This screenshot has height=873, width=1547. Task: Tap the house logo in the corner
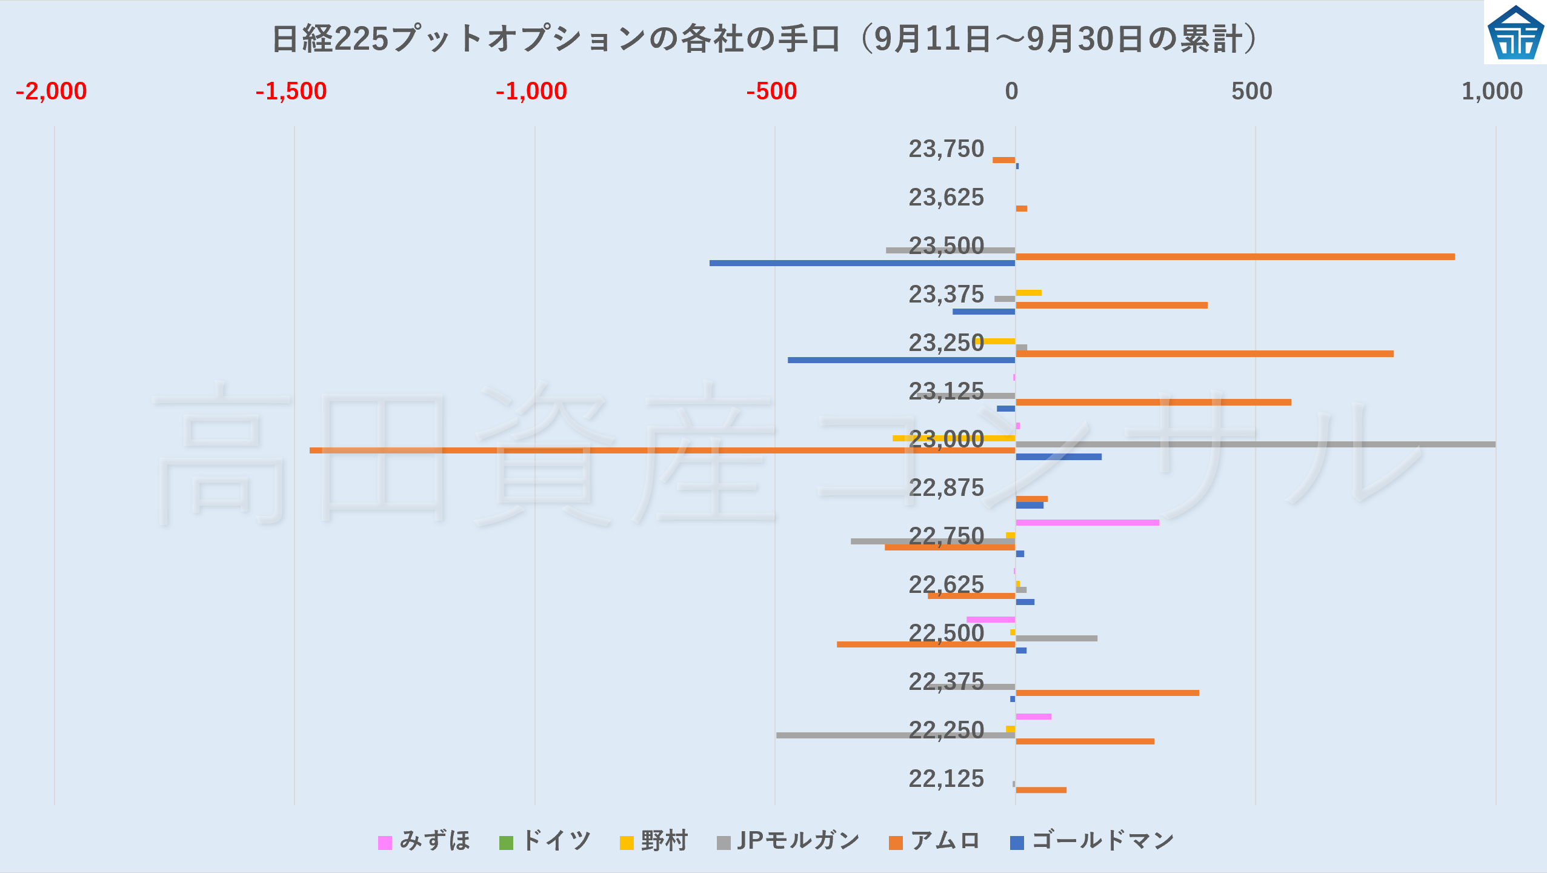(1515, 33)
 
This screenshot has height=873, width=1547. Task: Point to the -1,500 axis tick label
(291, 92)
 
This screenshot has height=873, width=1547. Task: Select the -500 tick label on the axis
(771, 92)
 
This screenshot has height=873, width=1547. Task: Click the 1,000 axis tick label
(1492, 92)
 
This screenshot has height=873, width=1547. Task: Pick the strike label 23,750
(946, 149)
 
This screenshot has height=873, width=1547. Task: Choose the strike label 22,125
(946, 779)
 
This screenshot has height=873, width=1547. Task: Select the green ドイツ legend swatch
(506, 843)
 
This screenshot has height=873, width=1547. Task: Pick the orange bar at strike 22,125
(1041, 790)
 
